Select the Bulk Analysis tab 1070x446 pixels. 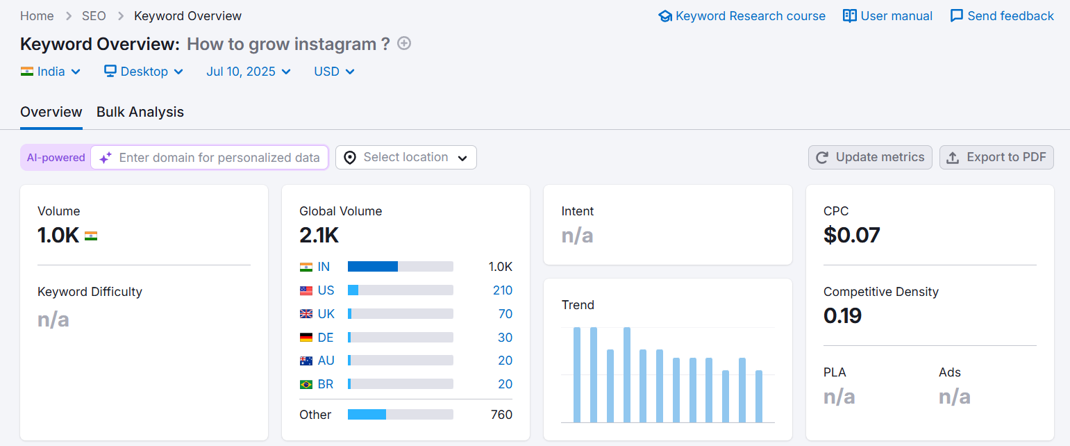[140, 112]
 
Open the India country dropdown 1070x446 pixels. [51, 72]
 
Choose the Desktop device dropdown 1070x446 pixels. [144, 72]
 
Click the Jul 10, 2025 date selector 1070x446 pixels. [248, 72]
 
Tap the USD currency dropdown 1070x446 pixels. [334, 72]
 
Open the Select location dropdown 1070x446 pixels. [406, 158]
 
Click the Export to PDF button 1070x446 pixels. [996, 158]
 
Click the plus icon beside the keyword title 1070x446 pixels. [404, 44]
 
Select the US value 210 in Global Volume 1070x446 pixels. [502, 290]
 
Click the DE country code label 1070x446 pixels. [326, 338]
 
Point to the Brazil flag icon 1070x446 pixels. [306, 384]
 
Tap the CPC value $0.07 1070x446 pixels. [851, 236]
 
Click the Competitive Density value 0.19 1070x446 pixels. [842, 316]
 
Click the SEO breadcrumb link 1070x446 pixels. [94, 16]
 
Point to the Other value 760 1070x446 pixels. [501, 415]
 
